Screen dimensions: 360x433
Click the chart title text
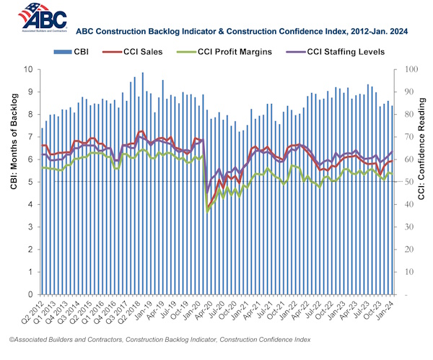pyautogui.click(x=238, y=30)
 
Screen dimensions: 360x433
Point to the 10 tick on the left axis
pyautogui.click(x=29, y=69)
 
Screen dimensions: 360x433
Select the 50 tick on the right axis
pyautogui.click(x=408, y=183)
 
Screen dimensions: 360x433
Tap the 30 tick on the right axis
pyautogui.click(x=408, y=228)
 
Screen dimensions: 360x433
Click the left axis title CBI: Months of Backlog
pyautogui.click(x=13, y=182)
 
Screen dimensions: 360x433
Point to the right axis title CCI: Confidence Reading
pyautogui.click(x=425, y=182)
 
